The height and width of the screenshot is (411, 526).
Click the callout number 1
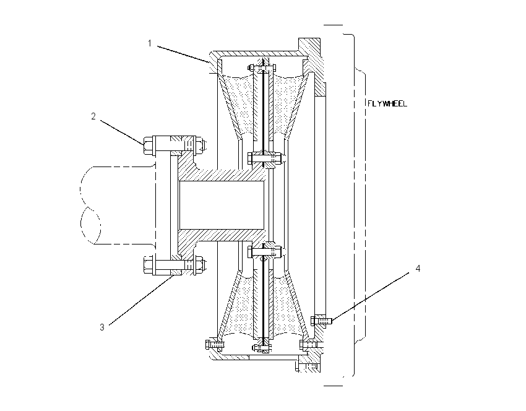tap(150, 43)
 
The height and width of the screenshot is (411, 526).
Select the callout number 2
tap(93, 116)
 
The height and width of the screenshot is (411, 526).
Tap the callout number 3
tap(102, 327)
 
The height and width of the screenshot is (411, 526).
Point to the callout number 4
tap(418, 269)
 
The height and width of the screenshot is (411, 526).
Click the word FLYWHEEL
tap(387, 103)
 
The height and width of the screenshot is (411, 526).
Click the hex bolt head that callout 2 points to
tap(148, 145)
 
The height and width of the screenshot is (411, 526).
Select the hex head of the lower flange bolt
tap(148, 266)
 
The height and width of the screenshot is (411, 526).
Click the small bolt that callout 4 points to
tap(321, 321)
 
